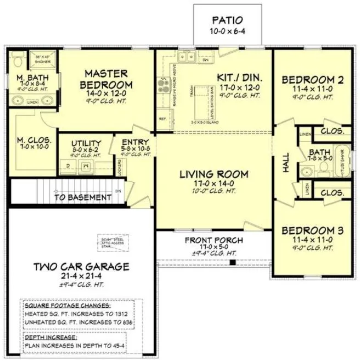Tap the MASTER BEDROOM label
click(106, 79)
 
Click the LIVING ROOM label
click(214, 174)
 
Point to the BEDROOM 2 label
click(312, 81)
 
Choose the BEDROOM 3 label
click(312, 231)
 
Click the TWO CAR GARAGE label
click(81, 267)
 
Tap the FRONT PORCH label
click(214, 241)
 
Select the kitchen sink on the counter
click(187, 56)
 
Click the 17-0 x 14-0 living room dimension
click(214, 184)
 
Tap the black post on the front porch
click(233, 263)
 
